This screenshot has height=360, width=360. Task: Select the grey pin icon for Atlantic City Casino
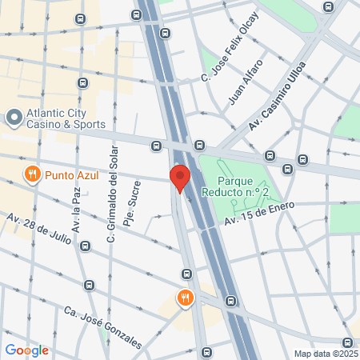pyautogui.click(x=13, y=118)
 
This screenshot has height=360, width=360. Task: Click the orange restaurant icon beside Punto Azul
pyautogui.click(x=32, y=174)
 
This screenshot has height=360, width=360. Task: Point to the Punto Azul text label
pyautogui.click(x=72, y=174)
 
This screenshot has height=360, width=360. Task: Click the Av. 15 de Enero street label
pyautogui.click(x=259, y=213)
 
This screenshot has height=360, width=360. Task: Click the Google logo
pyautogui.click(x=26, y=350)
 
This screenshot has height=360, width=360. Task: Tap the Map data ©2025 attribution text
pyautogui.click(x=325, y=354)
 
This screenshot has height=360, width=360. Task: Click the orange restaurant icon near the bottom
pyautogui.click(x=186, y=298)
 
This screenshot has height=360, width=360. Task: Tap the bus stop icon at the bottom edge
pyautogui.click(x=206, y=352)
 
